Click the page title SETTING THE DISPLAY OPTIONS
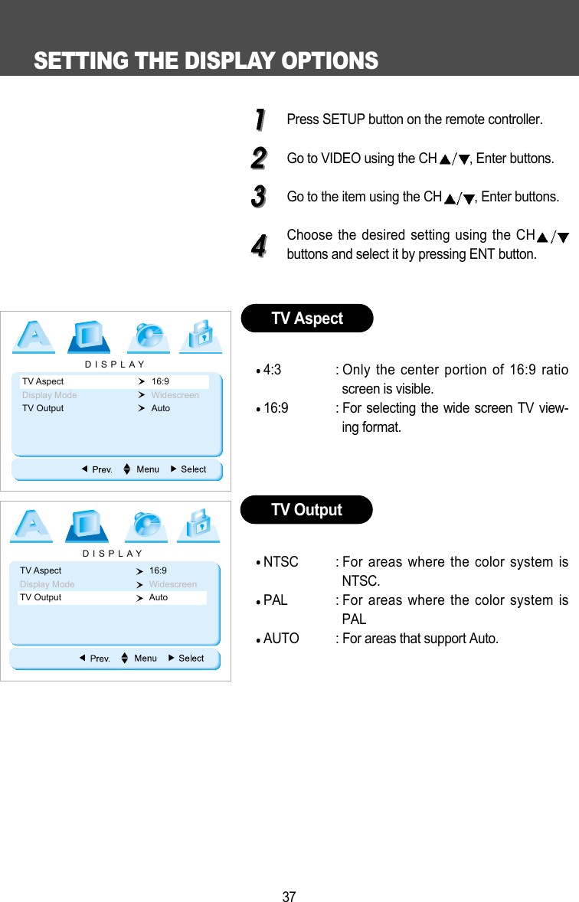[205, 60]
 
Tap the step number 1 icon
[259, 119]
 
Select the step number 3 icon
[259, 196]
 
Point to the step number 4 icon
[259, 246]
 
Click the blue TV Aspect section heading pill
[307, 319]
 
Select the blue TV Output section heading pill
[306, 510]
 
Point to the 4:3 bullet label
[272, 371]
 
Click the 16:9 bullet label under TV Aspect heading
[276, 408]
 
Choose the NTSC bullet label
[280, 563]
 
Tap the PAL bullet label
[275, 600]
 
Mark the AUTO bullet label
[281, 639]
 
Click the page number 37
[289, 897]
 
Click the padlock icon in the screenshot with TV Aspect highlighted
[201, 337]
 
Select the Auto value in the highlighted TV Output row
[159, 597]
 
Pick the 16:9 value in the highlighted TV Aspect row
[160, 381]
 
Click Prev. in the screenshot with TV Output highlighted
[100, 659]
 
